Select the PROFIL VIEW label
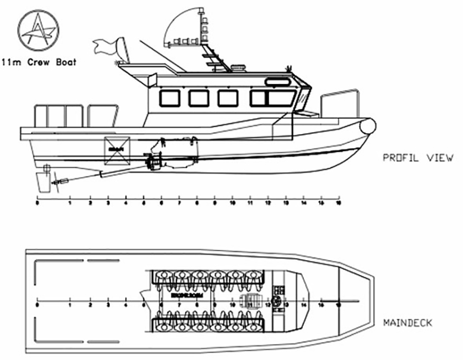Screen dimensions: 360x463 [x=418, y=158]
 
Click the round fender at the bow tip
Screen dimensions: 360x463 [x=368, y=126]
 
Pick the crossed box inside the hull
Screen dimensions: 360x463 [x=117, y=149]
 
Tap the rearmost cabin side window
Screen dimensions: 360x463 [x=169, y=98]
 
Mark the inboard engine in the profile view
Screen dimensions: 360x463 [x=173, y=159]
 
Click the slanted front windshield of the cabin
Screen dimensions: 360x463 [x=303, y=100]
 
